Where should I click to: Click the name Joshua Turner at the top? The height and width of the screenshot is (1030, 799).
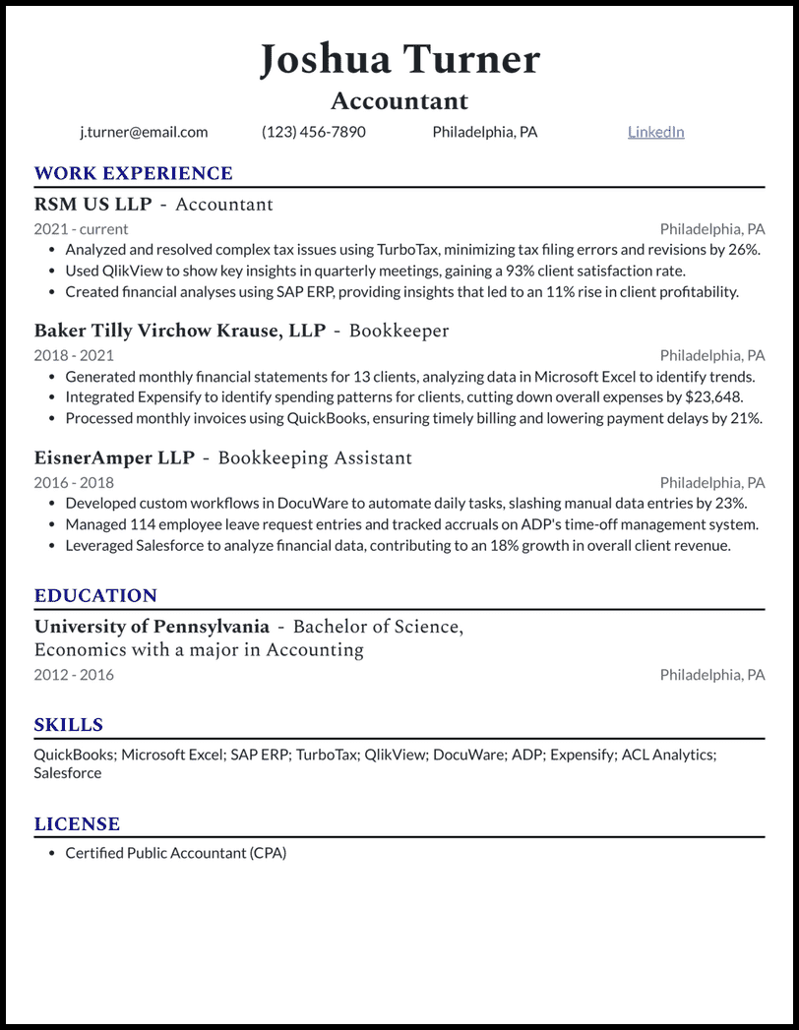(399, 60)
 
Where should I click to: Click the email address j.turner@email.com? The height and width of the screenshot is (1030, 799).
(144, 132)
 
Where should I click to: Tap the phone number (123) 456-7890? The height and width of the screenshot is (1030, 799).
(313, 132)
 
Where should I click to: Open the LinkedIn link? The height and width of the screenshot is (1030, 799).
(655, 132)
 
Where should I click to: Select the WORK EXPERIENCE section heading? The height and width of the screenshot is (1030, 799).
(133, 173)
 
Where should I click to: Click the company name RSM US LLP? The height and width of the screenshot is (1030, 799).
(92, 205)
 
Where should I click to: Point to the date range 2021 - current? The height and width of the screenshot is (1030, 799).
(81, 229)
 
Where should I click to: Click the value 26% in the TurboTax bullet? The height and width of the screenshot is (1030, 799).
(744, 250)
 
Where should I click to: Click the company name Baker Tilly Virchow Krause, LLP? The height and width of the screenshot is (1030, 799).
(179, 331)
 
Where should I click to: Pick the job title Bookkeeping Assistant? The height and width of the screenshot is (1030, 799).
(315, 458)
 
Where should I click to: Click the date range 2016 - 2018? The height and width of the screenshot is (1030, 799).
(74, 483)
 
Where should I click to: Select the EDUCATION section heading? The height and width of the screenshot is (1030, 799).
(95, 595)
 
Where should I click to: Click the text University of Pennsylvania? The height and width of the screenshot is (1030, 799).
(152, 627)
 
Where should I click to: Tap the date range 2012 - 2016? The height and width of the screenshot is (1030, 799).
(74, 675)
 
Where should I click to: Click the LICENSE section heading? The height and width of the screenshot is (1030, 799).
(77, 824)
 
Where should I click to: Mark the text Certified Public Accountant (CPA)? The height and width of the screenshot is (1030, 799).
(175, 853)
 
